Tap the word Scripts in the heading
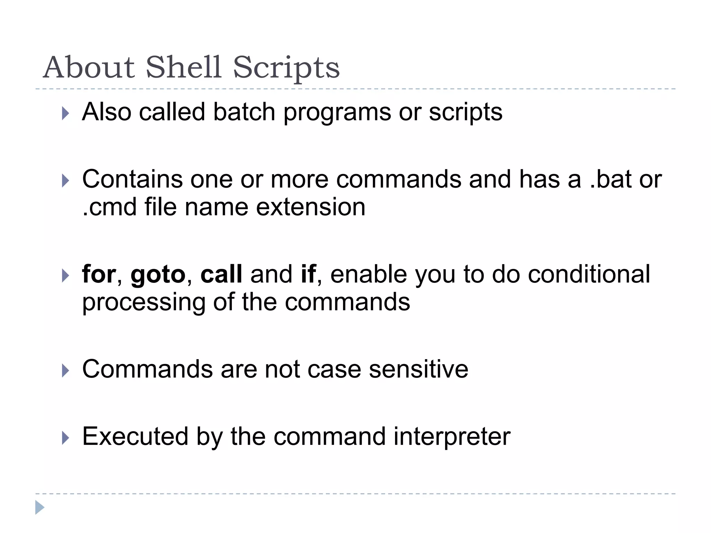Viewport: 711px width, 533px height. [x=286, y=68]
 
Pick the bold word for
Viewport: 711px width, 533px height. [x=99, y=274]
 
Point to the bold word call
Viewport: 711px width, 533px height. [x=221, y=274]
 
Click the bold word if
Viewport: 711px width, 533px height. [x=308, y=274]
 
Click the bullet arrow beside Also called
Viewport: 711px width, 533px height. [x=65, y=113]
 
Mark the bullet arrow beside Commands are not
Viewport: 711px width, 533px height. [x=65, y=371]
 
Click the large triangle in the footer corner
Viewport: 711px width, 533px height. [x=40, y=507]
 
